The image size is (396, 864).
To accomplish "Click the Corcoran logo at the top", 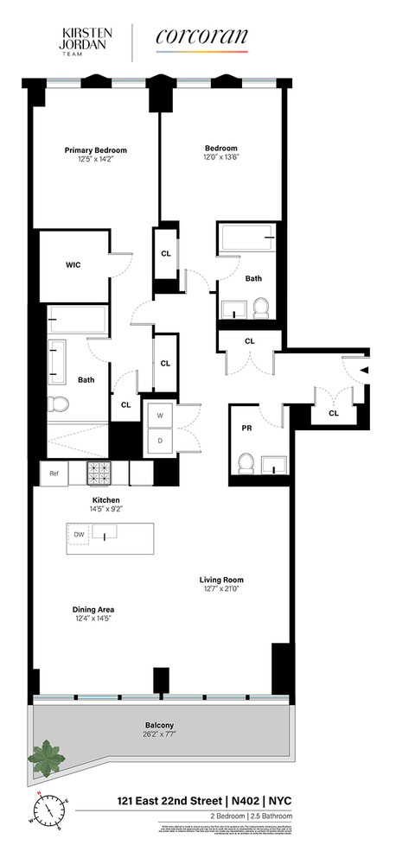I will click(201, 37).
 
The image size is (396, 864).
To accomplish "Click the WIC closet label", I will click(73, 265).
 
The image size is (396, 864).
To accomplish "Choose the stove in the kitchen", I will click(99, 473).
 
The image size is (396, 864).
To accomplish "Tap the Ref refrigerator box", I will click(54, 473).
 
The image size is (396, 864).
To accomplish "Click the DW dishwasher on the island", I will click(78, 536).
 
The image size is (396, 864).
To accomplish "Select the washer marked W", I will click(159, 416).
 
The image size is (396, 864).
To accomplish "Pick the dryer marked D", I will click(159, 441).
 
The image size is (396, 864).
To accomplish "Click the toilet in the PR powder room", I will click(245, 463).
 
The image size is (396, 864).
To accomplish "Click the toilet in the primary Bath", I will click(59, 403).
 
